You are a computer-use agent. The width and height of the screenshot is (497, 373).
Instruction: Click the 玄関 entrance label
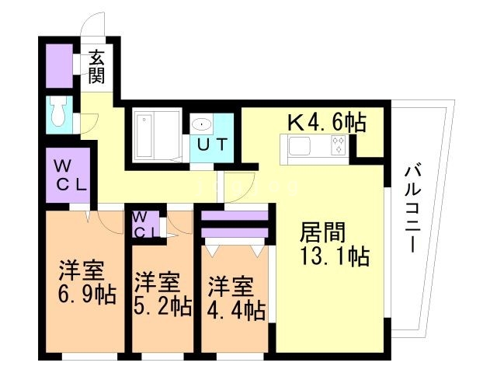tap(96, 67)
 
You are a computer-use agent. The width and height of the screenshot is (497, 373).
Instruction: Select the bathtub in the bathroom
tap(148, 134)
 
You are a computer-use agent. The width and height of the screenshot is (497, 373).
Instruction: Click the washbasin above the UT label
tap(202, 123)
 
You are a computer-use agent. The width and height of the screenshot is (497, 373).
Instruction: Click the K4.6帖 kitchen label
tap(327, 122)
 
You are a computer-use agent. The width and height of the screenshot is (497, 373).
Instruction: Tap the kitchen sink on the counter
tap(299, 145)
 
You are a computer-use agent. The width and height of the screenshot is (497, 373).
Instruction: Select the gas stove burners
tap(339, 145)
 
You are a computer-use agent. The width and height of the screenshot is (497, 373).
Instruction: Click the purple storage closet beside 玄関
tap(58, 65)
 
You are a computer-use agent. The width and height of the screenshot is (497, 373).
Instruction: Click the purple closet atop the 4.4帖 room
tap(235, 223)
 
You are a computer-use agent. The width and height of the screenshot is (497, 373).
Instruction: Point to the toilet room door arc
tap(88, 122)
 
